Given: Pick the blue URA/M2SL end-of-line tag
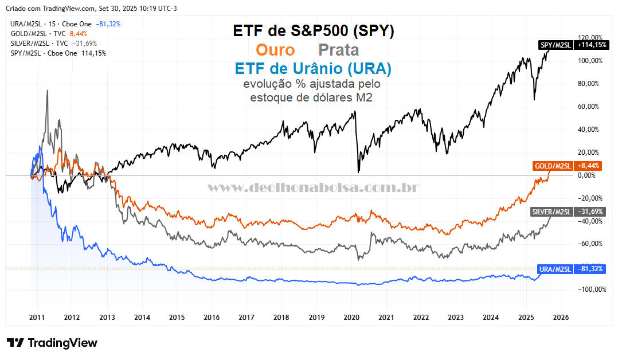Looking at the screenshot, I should (571, 269).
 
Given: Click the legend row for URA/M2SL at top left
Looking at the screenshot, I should (65, 24).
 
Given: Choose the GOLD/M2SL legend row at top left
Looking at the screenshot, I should (49, 34).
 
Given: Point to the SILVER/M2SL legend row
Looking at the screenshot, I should (54, 44).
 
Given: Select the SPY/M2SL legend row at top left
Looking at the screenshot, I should (58, 53).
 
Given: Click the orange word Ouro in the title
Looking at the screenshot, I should (275, 50).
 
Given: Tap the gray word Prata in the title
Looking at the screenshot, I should (339, 50).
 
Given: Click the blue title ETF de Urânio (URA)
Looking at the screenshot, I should (313, 69).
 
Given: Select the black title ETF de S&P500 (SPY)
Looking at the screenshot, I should (314, 31).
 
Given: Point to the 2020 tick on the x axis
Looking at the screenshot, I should (351, 317).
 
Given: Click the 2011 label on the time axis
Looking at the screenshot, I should (37, 317).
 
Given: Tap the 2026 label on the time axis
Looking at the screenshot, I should (560, 317).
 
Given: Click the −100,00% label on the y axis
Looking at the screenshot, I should (590, 289).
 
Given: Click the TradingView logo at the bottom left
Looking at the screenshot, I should (52, 343).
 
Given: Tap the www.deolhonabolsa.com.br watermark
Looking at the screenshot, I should (312, 187).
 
